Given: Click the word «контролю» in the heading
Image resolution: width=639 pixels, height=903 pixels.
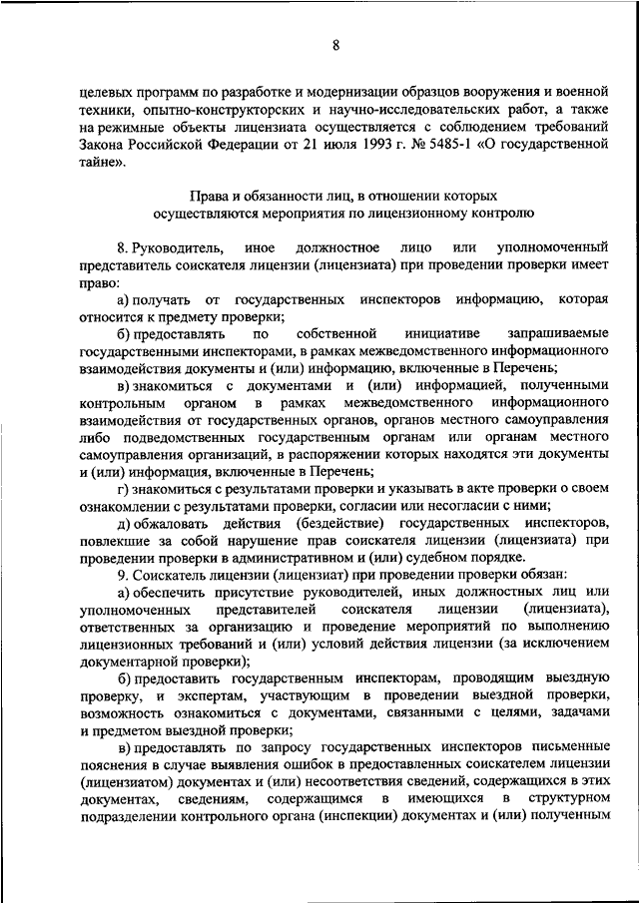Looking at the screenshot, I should [505, 213].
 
